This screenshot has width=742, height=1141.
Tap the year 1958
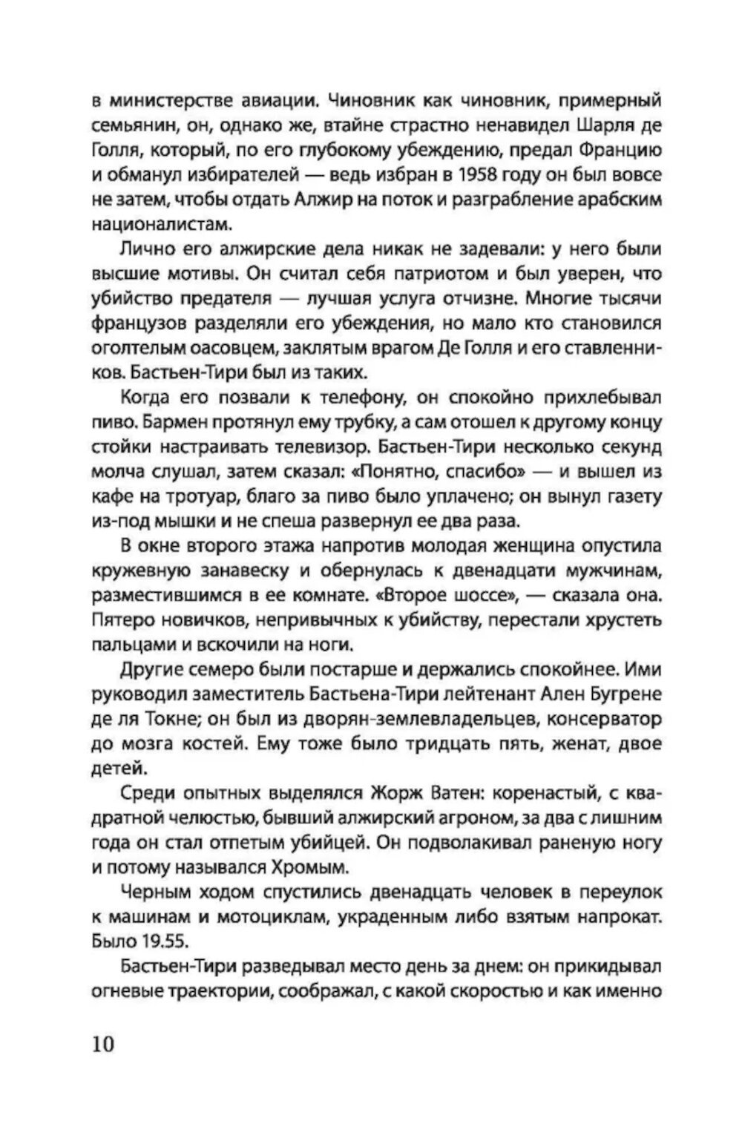tap(444, 176)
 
